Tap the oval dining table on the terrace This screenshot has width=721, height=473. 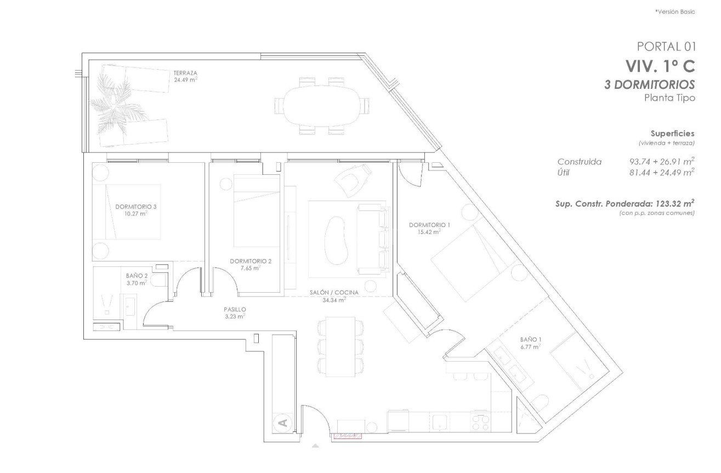click(x=322, y=105)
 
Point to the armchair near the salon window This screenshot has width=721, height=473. click(x=351, y=179)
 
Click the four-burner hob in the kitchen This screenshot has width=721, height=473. click(x=481, y=421)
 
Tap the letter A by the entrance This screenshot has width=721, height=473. click(x=282, y=422)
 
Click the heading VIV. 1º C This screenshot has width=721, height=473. click(x=660, y=66)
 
